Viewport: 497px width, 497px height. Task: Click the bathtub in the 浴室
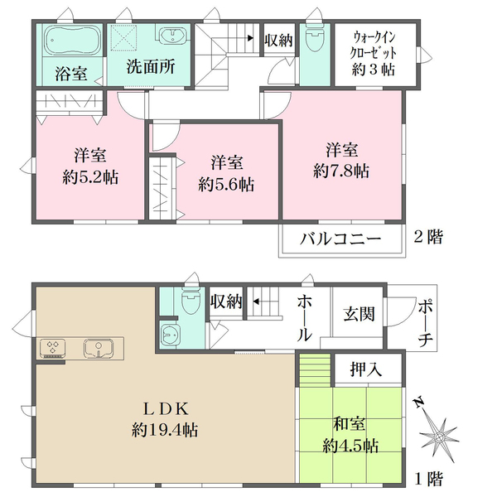(x=71, y=40)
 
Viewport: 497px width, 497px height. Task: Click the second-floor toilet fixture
(x=313, y=40)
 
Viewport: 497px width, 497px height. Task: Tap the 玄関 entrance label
(x=358, y=314)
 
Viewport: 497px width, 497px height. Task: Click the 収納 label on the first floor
(x=225, y=302)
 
